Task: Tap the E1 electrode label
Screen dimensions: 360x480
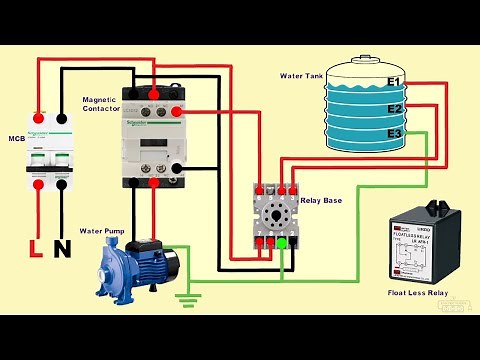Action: (x=394, y=82)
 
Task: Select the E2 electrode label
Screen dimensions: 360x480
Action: (x=394, y=108)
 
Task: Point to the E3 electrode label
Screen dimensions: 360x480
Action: (x=394, y=133)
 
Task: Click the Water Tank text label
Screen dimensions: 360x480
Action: (x=303, y=76)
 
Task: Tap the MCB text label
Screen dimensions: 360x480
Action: (x=16, y=138)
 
